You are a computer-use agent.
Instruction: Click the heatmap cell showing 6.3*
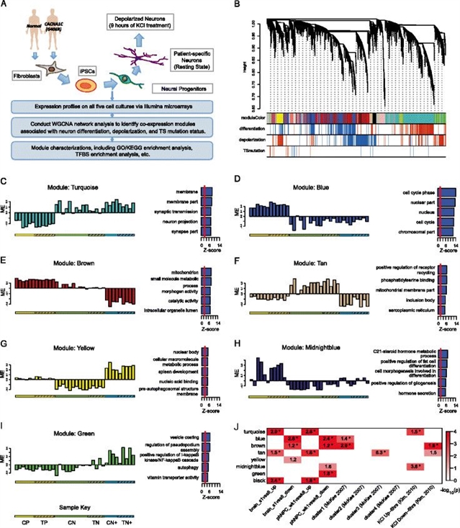[x=379, y=452]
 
